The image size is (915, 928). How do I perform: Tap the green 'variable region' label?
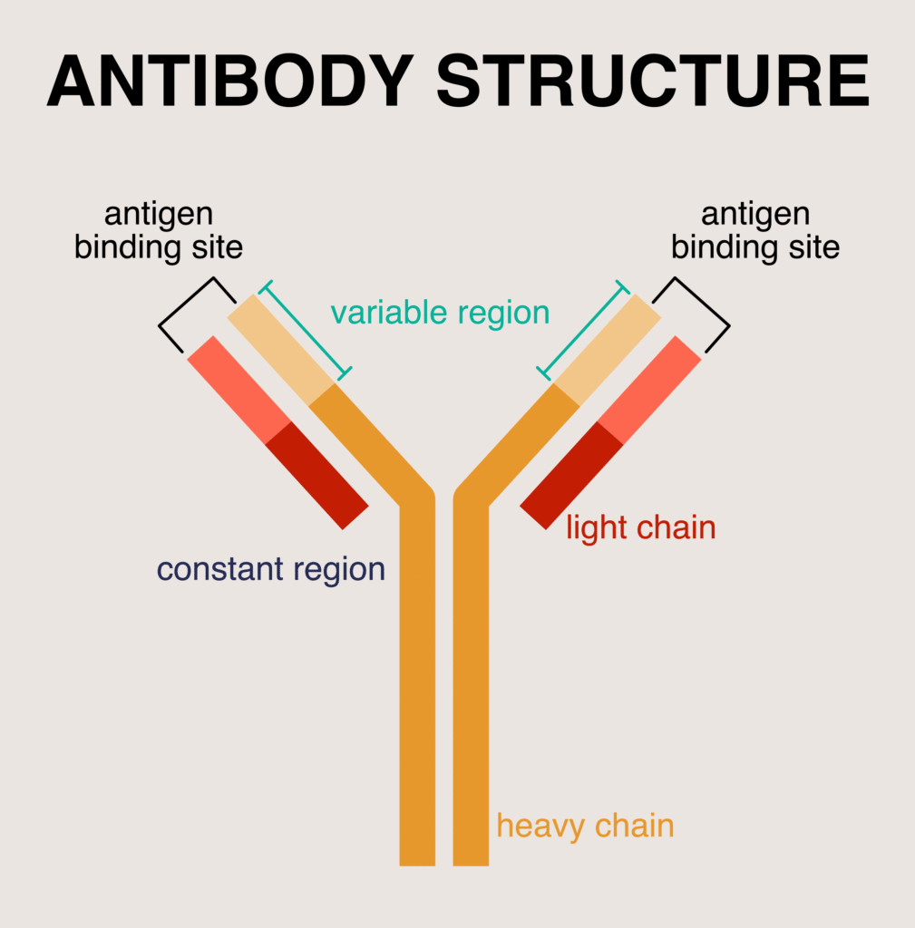(x=440, y=313)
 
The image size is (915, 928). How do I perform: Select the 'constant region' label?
(x=270, y=569)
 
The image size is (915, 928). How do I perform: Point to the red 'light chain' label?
(x=640, y=527)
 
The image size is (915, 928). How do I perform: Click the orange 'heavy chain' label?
(x=585, y=826)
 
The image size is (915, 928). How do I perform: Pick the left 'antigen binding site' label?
(x=159, y=231)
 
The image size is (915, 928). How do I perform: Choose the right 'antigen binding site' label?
(x=755, y=231)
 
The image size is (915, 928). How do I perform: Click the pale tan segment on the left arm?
(x=281, y=350)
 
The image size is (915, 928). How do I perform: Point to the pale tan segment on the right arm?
(x=607, y=350)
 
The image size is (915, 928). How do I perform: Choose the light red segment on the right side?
(x=649, y=389)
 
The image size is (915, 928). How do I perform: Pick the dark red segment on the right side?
(x=571, y=475)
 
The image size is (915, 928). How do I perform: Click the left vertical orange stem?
(x=417, y=680)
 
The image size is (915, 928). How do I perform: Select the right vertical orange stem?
(x=471, y=680)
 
